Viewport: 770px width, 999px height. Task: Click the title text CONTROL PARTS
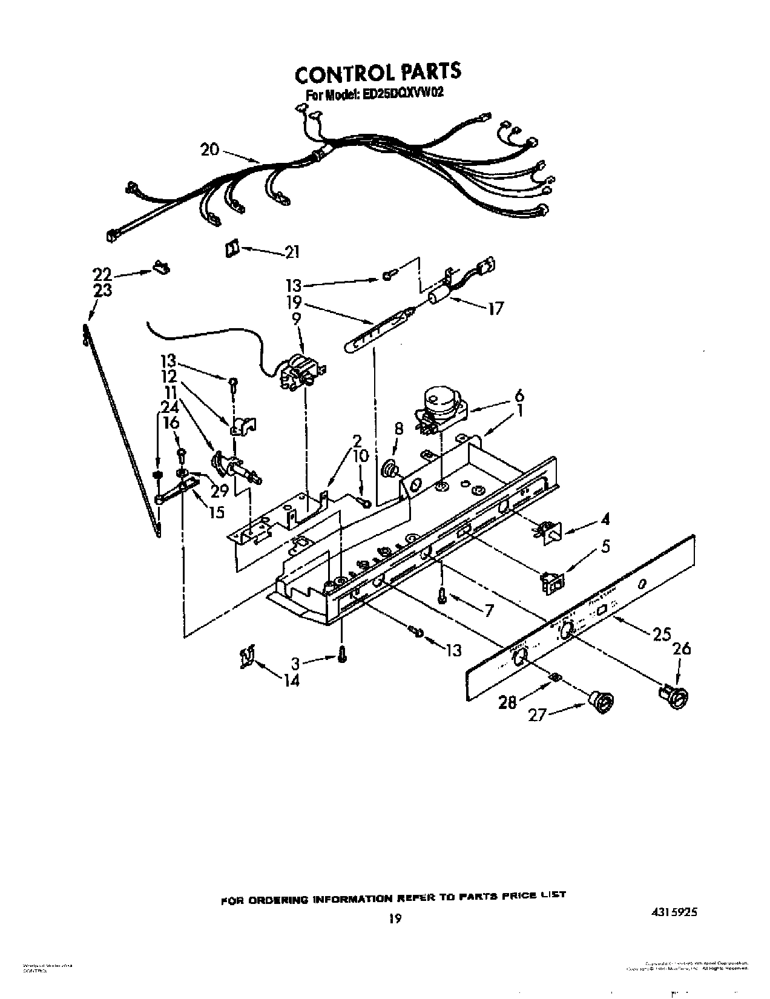[378, 73]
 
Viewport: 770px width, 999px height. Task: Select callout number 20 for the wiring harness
[209, 149]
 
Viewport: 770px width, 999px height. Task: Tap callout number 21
[292, 252]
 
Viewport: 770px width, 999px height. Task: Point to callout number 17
[495, 309]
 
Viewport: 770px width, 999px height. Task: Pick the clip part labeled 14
[246, 657]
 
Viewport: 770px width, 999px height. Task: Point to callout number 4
[605, 519]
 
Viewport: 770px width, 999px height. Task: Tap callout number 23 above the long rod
[103, 291]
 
